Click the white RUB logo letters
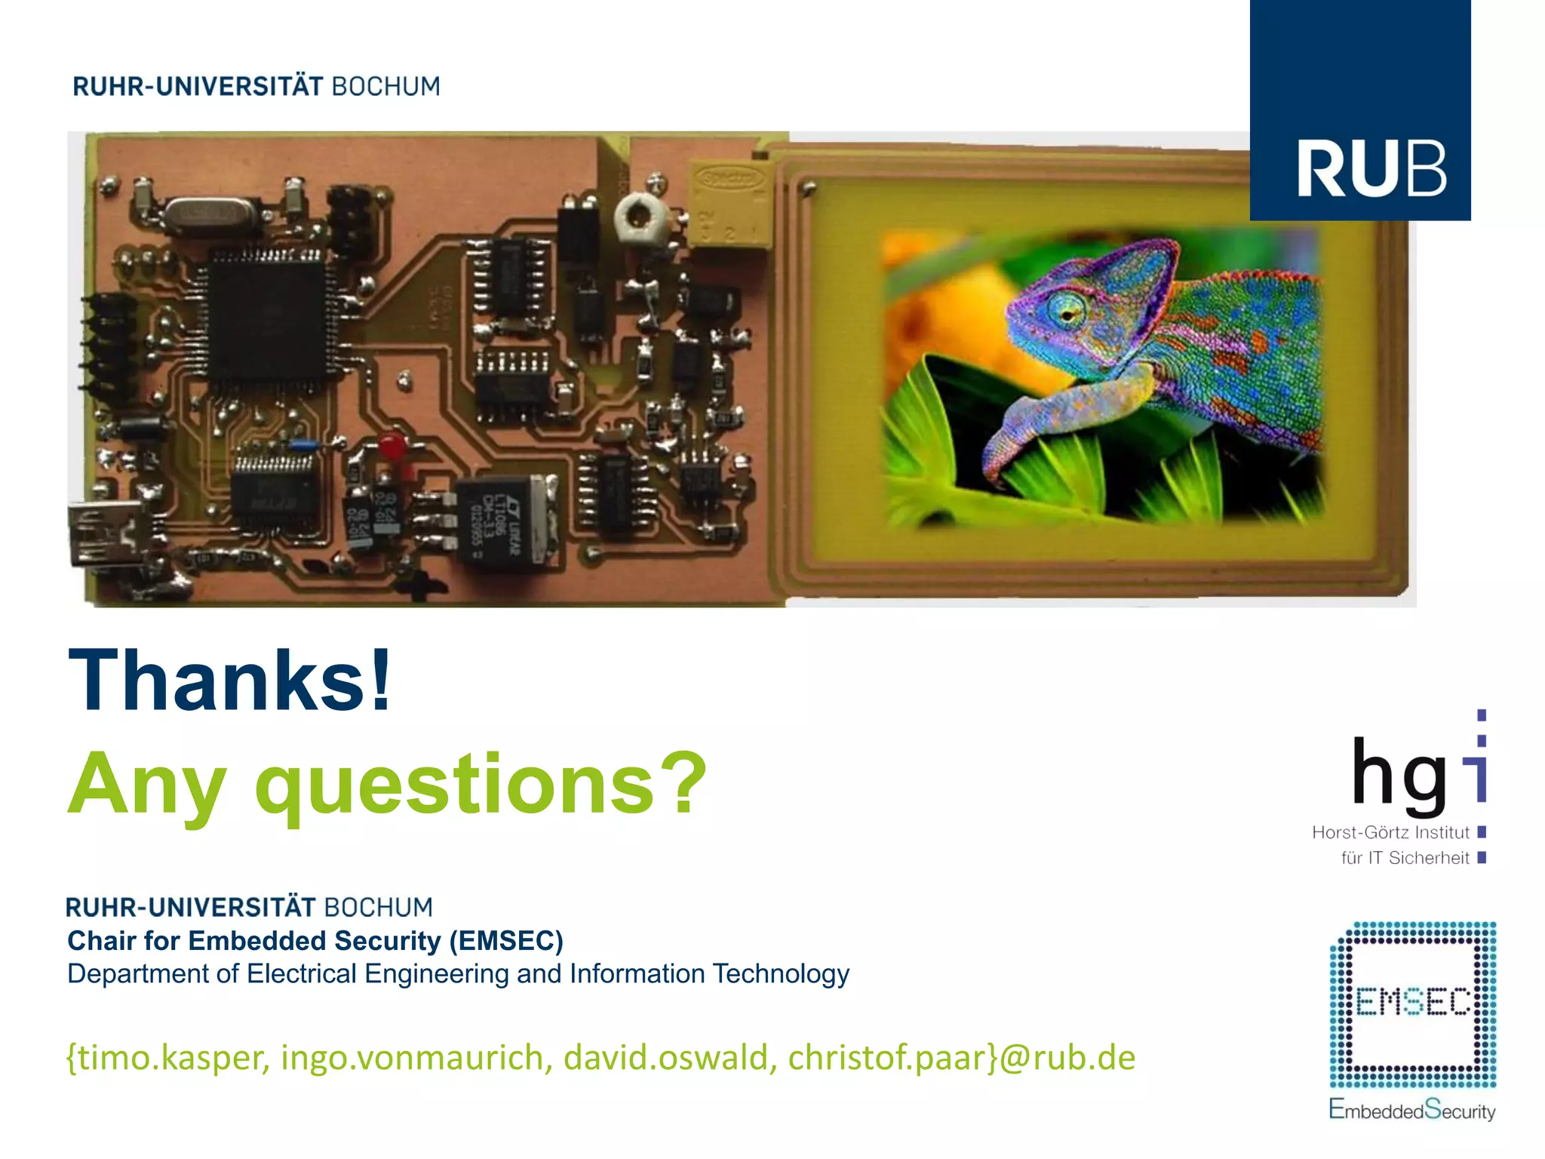1371,170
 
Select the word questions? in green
481,785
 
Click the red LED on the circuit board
391,446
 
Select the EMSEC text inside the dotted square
1412,1002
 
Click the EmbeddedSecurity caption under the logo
1411,1111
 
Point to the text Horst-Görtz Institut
1390,832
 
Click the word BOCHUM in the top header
385,87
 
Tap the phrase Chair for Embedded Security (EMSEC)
315,941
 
